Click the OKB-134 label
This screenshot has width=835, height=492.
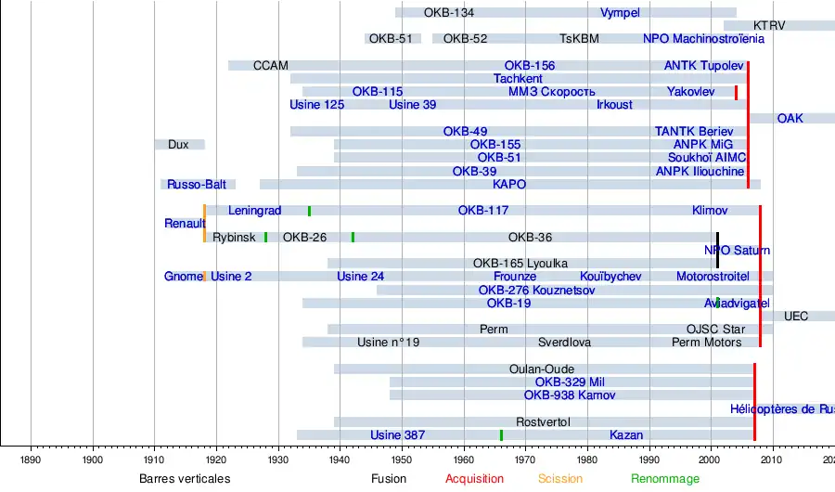[448, 13]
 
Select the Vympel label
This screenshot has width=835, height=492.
[620, 13]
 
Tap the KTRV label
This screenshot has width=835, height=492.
[768, 26]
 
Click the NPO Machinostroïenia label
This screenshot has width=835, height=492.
[703, 39]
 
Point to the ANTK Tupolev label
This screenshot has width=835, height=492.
[703, 66]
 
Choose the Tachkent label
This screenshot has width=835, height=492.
[518, 79]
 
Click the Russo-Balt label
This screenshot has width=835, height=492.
[197, 185]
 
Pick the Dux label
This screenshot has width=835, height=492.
[178, 145]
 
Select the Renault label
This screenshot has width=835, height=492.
[185, 224]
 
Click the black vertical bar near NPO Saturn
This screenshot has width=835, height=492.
[717, 250]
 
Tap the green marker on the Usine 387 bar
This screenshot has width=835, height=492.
[501, 435]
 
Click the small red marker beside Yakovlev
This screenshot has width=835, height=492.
[736, 92]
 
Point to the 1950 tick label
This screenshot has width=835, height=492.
[401, 459]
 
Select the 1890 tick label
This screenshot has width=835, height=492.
[31, 459]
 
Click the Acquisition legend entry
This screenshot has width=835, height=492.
[474, 479]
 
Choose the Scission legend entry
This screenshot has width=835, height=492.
[560, 479]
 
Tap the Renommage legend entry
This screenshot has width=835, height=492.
[664, 479]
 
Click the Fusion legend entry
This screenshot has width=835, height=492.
[388, 479]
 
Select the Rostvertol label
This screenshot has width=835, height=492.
[543, 422]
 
